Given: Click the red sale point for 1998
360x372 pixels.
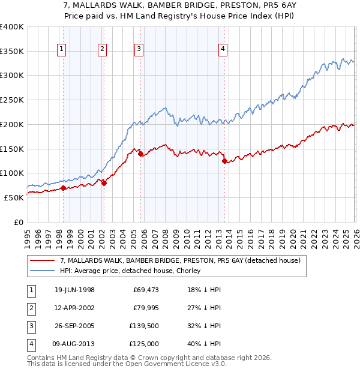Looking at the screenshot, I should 63,188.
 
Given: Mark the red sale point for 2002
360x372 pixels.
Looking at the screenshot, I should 104,183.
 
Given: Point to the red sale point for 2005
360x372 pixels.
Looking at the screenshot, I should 140,154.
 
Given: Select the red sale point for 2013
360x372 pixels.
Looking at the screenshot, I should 224,161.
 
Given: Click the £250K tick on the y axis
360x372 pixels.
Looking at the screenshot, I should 12,100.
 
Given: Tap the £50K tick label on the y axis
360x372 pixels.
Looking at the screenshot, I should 14,197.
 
